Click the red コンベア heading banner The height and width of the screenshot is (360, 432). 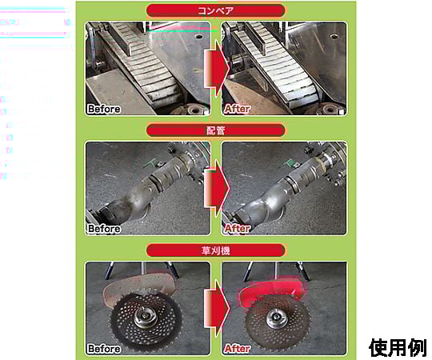[215, 10]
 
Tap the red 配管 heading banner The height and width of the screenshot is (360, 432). [215, 130]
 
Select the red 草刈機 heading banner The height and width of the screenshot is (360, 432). [215, 250]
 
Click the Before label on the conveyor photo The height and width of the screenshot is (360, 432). [104, 109]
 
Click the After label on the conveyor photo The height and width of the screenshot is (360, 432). [238, 109]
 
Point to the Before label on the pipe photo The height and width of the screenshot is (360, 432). [104, 229]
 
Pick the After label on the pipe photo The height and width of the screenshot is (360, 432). [238, 229]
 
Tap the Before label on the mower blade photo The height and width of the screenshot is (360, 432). [104, 349]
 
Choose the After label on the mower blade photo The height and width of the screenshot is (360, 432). [238, 349]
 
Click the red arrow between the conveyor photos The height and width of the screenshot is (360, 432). [217, 68]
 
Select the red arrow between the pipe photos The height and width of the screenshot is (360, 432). [217, 189]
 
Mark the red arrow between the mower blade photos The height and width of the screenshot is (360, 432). [217, 308]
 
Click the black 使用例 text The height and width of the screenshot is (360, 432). [398, 348]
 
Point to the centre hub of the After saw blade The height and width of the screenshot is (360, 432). [276, 318]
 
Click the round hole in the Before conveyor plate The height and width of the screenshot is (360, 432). [198, 36]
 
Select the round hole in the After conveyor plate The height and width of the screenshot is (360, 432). [334, 36]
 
